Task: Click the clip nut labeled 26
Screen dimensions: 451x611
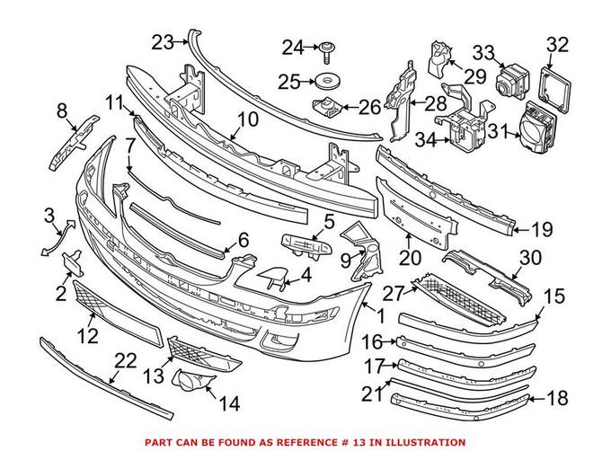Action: point(326,108)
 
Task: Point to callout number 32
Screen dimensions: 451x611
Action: point(558,43)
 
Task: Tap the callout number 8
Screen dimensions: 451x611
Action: point(62,112)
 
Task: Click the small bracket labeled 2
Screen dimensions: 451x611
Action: point(72,261)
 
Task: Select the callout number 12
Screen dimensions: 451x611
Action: point(86,337)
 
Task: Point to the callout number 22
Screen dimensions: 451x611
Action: point(126,361)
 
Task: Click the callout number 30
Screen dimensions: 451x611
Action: point(531,257)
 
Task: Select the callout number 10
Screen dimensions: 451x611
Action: point(248,119)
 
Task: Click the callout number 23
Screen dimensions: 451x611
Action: point(163,41)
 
